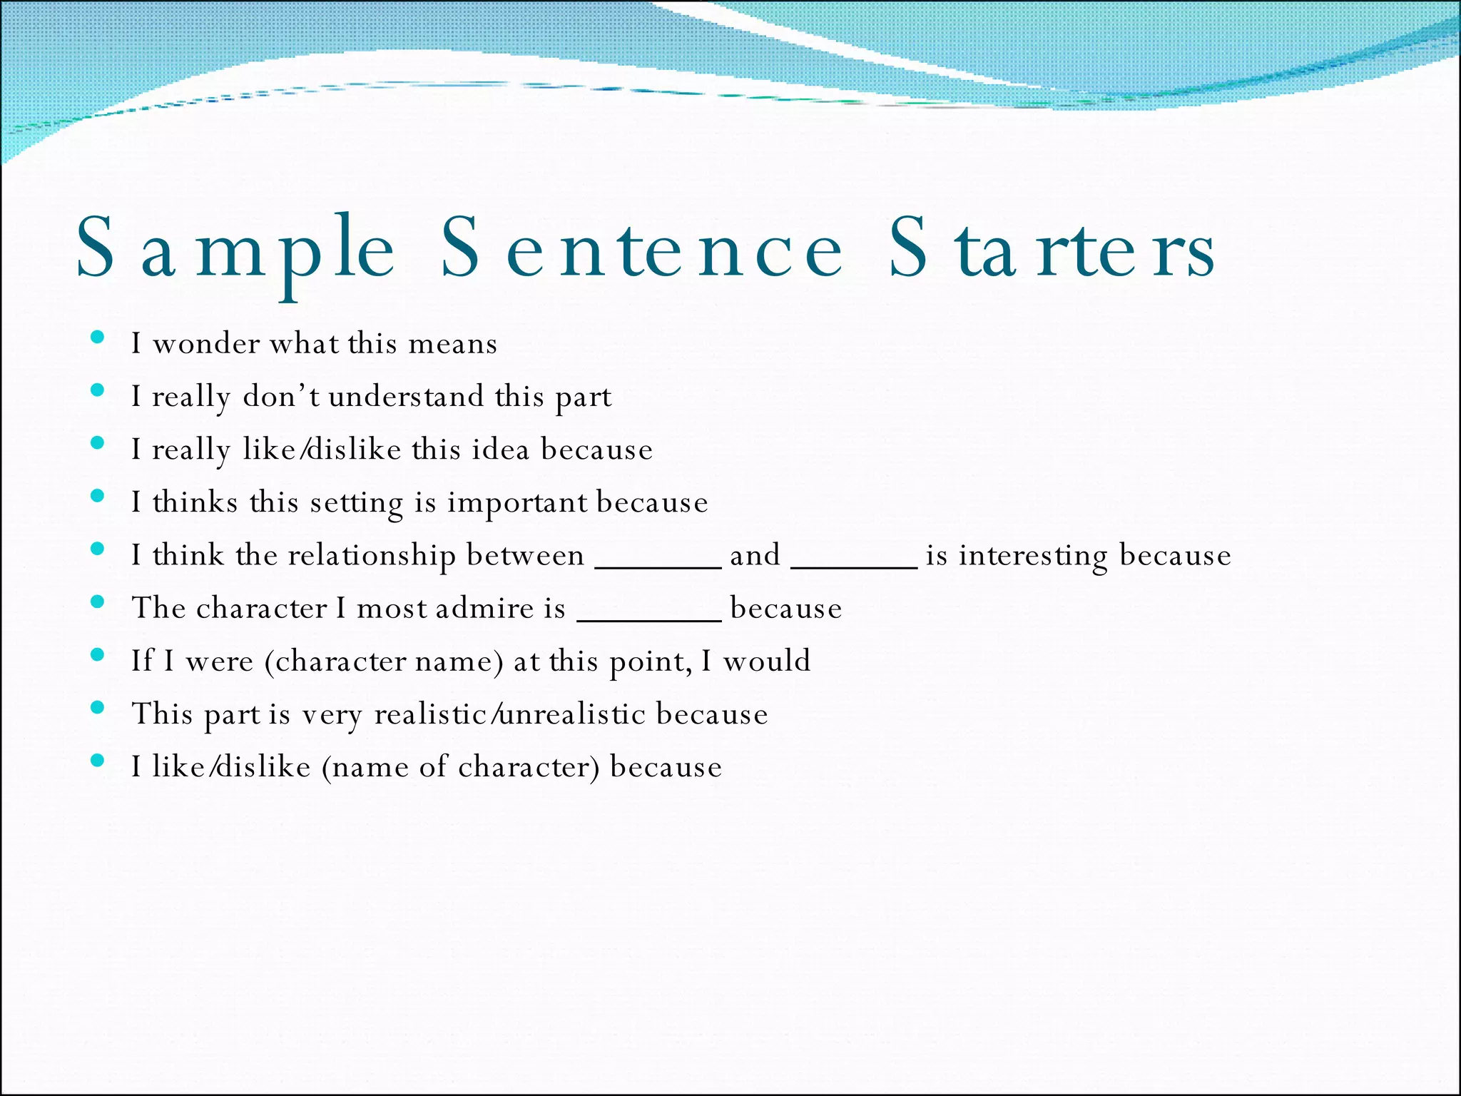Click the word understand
point(406,397)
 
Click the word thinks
point(195,502)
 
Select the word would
point(767,661)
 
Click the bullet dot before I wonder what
point(98,338)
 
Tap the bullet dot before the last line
point(98,761)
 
